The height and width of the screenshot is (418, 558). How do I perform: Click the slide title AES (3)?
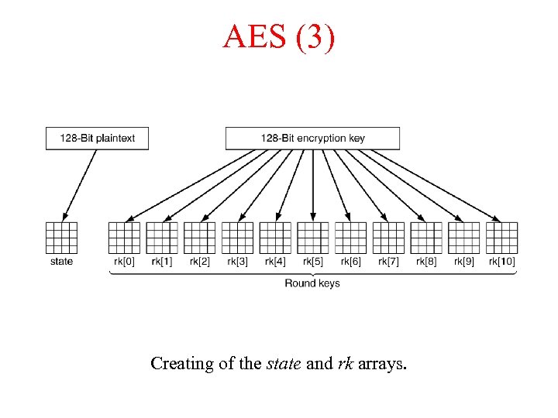click(x=279, y=36)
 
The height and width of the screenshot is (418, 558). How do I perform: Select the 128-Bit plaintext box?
click(x=97, y=139)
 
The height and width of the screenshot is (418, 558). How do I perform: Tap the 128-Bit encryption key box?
click(x=312, y=139)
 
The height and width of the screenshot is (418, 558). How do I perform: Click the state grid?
click(x=61, y=238)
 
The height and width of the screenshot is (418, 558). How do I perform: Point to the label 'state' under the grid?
click(x=61, y=262)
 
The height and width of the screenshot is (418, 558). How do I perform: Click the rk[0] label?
click(x=124, y=262)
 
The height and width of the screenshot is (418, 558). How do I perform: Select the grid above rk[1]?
click(x=162, y=238)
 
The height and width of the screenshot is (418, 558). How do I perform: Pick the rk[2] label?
click(x=199, y=262)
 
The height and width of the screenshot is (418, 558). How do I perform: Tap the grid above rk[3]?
click(x=237, y=238)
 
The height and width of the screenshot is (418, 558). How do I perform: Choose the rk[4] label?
click(x=275, y=262)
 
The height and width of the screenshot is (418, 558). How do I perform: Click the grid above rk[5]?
click(x=313, y=238)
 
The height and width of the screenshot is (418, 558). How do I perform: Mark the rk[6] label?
click(x=350, y=262)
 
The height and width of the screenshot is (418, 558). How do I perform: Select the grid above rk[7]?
click(x=388, y=238)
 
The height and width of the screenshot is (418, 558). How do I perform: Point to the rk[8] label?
click(x=426, y=262)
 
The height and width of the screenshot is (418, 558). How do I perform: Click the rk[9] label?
click(x=464, y=262)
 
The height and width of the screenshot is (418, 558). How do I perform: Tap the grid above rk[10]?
click(x=502, y=238)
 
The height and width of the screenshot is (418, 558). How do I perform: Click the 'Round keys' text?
click(x=312, y=283)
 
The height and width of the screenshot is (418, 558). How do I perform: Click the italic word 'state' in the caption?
click(x=284, y=363)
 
